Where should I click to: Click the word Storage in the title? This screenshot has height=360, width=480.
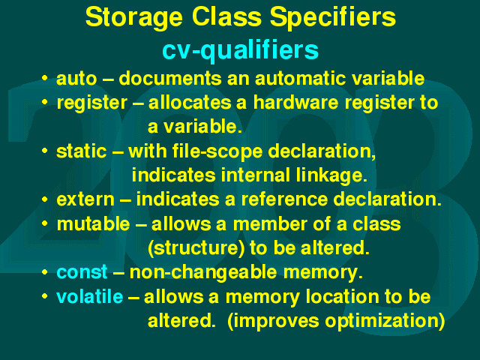(134, 18)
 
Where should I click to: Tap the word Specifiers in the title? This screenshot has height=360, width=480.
(333, 18)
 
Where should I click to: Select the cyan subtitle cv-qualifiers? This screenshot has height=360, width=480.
(240, 51)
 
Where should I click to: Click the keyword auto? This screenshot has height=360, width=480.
(76, 79)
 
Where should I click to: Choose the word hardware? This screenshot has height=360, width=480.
(295, 102)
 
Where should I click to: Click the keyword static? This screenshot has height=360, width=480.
(82, 151)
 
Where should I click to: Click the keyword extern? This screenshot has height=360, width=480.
(85, 200)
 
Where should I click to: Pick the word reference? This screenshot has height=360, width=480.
(284, 200)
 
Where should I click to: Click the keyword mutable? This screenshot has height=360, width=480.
(93, 223)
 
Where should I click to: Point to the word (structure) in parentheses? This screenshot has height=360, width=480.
(196, 248)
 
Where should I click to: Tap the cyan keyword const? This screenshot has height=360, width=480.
(82, 272)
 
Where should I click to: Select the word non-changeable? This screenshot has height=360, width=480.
(203, 272)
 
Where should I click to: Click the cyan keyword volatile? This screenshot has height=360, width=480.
(90, 297)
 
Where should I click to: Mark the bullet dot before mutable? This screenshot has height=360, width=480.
(45, 223)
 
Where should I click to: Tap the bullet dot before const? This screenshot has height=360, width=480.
(45, 271)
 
